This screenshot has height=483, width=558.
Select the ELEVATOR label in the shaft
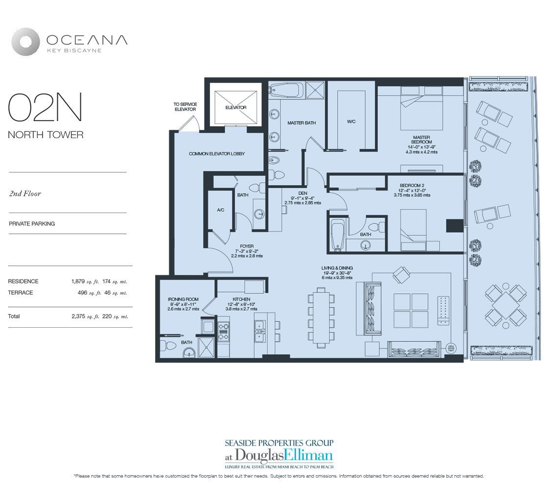click(x=236, y=107)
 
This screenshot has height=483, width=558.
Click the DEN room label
click(x=302, y=193)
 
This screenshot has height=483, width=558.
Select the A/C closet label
click(x=220, y=209)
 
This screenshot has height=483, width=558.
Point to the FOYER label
click(x=246, y=246)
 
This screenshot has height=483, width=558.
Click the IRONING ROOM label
click(x=183, y=299)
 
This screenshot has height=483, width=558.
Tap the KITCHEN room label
click(x=241, y=299)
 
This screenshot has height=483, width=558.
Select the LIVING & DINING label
click(x=337, y=268)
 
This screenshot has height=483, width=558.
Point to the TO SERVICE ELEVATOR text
click(x=185, y=107)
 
